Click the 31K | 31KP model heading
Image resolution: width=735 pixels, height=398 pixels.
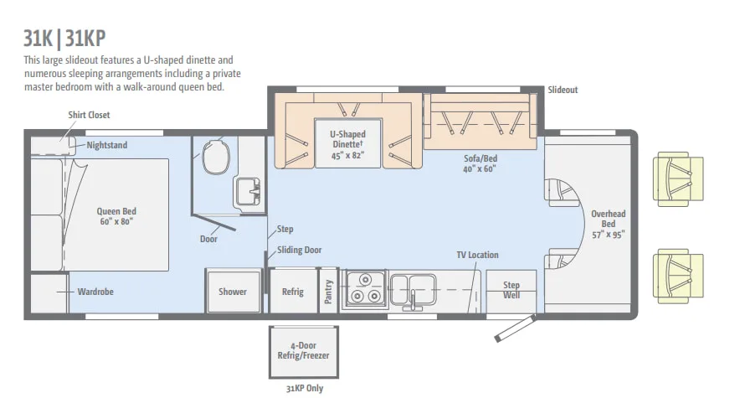pyautogui.click(x=64, y=39)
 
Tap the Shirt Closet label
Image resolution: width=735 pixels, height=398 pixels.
pyautogui.click(x=89, y=115)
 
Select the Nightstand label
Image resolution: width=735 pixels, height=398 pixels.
pyautogui.click(x=107, y=145)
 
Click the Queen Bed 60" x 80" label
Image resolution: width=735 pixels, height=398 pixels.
pyautogui.click(x=116, y=216)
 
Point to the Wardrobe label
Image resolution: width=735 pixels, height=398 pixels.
pyautogui.click(x=95, y=292)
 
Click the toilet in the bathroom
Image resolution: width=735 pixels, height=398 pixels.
pyautogui.click(x=216, y=158)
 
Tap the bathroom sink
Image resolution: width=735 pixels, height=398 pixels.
pyautogui.click(x=247, y=192)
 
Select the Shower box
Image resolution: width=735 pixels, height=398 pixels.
pyautogui.click(x=233, y=291)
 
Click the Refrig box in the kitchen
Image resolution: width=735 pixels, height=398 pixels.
pyautogui.click(x=293, y=291)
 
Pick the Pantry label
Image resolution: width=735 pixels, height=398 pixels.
pyautogui.click(x=328, y=292)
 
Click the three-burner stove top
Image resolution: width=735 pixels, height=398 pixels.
pyautogui.click(x=365, y=289)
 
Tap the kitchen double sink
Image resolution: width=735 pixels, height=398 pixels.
pyautogui.click(x=413, y=289)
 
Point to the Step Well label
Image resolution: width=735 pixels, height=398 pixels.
pyautogui.click(x=511, y=290)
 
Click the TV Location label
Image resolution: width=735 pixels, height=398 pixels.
pyautogui.click(x=478, y=255)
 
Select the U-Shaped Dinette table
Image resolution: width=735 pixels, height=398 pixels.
pyautogui.click(x=347, y=143)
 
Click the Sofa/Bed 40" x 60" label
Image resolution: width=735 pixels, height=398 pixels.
pyautogui.click(x=480, y=163)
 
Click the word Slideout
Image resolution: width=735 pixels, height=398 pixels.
pyautogui.click(x=563, y=90)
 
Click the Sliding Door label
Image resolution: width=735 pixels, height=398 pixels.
pyautogui.click(x=299, y=250)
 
